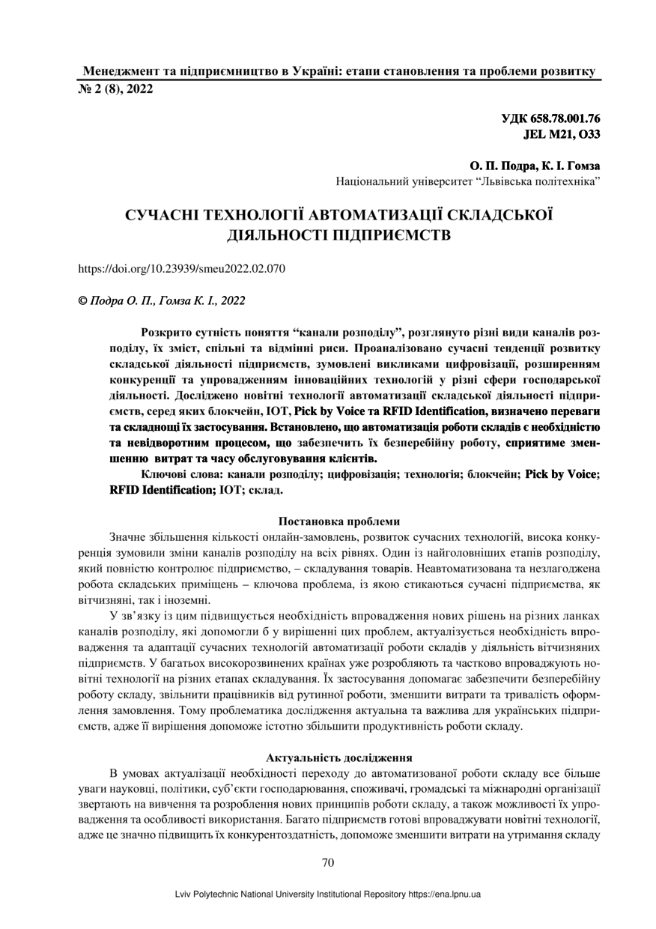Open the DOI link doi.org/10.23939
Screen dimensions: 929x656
tap(182, 268)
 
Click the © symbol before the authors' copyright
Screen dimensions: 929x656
tap(83, 300)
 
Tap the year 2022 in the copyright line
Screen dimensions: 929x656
tap(232, 300)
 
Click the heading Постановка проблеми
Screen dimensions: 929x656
tap(327, 521)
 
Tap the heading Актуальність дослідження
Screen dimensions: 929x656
tap(327, 757)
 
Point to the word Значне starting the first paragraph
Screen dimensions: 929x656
tap(128, 537)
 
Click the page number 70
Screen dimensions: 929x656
tap(327, 862)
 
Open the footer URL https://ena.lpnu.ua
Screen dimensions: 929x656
tap(444, 894)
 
